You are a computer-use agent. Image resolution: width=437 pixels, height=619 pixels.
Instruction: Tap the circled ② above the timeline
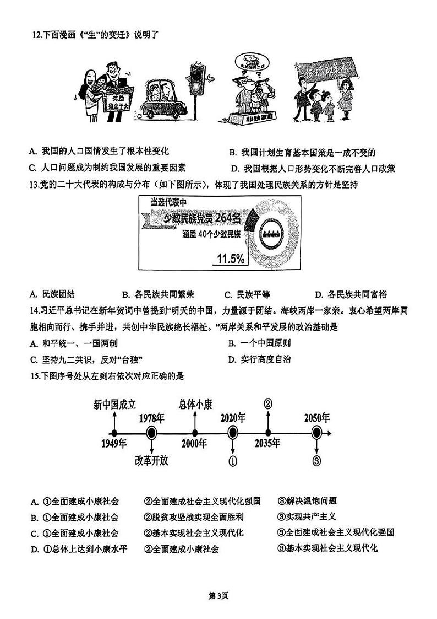pos(268,403)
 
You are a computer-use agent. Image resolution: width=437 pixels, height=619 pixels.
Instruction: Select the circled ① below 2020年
pos(233,461)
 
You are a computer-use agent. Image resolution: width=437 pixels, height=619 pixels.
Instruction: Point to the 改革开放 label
pos(151,461)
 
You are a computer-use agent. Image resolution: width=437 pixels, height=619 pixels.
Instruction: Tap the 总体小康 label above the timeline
pos(195,404)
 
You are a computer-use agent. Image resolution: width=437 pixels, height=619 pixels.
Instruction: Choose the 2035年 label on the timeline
pos(267,443)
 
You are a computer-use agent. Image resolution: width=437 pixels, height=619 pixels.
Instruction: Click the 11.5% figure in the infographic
pos(231,259)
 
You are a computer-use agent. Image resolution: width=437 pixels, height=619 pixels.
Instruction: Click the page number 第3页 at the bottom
pos(218,595)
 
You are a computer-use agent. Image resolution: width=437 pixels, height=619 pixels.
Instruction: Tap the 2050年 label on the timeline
pos(317,417)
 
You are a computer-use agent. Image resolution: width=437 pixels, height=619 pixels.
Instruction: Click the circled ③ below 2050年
pos(316,461)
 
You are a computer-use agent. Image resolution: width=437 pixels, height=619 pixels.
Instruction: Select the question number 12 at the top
pos(36,36)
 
